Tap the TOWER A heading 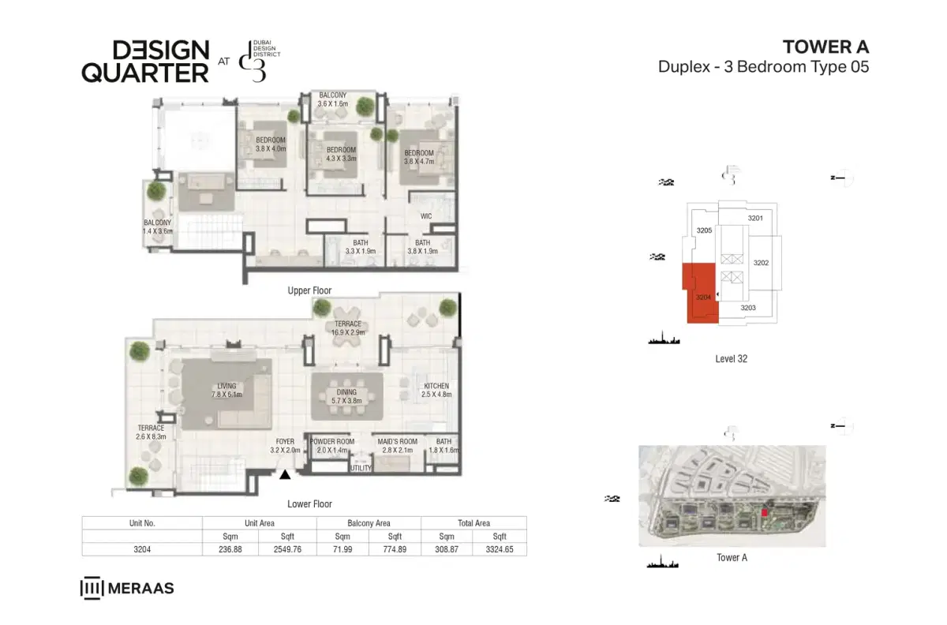pos(825,46)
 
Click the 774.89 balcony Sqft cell pos(395,549)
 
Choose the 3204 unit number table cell pos(142,549)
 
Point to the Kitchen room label pos(436,388)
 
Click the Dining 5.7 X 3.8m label pos(346,396)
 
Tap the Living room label pos(226,390)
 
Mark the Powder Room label pos(332,445)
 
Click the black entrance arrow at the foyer pos(285,474)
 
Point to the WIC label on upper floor pos(425,215)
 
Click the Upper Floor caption pos(309,290)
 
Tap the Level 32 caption pos(732,358)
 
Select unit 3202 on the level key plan pos(762,262)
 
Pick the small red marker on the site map pos(764,513)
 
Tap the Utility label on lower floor pos(361,468)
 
